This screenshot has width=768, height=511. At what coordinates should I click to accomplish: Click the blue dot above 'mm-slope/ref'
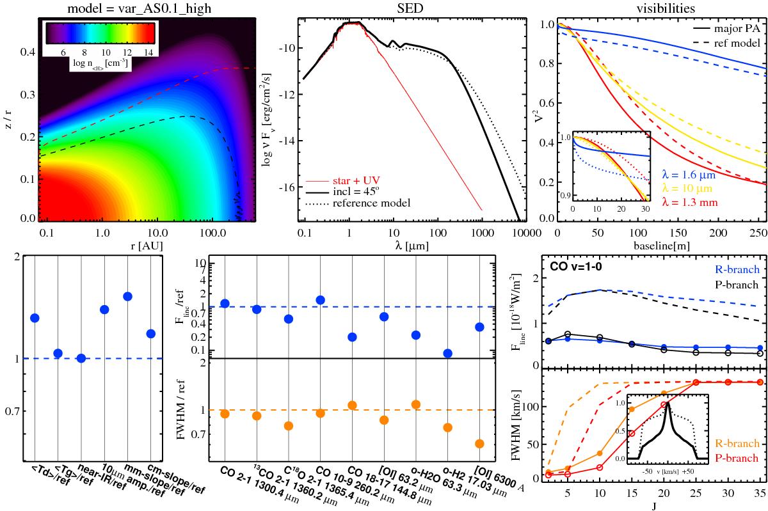point(127,296)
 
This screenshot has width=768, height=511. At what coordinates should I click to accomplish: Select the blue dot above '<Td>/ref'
point(35,318)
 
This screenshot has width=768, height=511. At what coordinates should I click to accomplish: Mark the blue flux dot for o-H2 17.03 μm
point(448,353)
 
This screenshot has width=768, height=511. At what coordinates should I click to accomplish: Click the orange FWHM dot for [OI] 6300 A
point(479,444)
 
